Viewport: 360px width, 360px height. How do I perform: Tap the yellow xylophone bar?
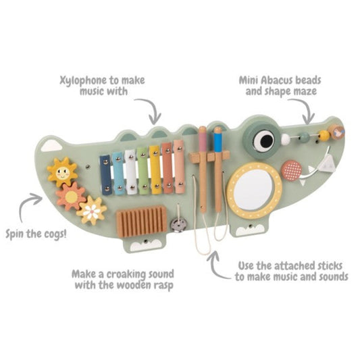pos(155,170)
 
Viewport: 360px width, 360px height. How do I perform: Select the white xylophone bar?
pos(130,172)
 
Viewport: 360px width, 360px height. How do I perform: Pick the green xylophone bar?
pos(143,171)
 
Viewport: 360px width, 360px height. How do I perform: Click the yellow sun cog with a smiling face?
pos(62,172)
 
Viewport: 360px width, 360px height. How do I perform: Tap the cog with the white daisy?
pos(92,211)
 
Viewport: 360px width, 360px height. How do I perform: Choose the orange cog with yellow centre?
pos(72,197)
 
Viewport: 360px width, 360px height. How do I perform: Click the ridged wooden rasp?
pos(141,222)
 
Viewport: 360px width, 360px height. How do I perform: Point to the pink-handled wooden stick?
pos(203,170)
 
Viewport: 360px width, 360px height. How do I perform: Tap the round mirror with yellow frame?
pos(255,190)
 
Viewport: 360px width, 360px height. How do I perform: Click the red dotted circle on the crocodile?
pos(292,171)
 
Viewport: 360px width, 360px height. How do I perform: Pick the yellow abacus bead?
pos(324,136)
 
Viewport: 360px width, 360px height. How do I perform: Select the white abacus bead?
pos(286,138)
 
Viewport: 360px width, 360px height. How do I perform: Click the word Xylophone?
pos(83,80)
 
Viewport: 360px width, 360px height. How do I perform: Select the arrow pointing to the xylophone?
pos(154,109)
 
